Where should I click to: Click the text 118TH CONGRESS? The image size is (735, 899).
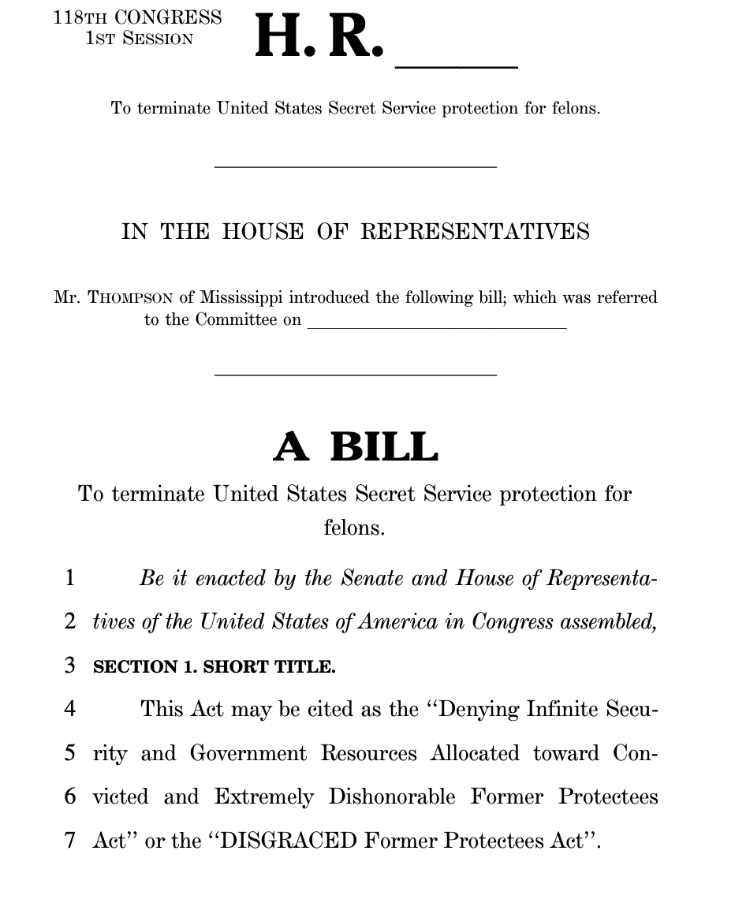coord(138,17)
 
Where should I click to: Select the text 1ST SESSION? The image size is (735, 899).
coord(139,39)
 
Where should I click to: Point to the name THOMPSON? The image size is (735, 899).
coord(130,298)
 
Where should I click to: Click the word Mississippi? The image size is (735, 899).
coord(240,298)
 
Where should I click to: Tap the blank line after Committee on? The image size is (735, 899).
coord(436,326)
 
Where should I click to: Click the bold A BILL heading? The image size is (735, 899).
coord(356,447)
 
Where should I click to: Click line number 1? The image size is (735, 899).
coord(70,578)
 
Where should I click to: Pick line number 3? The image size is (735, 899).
coord(70,666)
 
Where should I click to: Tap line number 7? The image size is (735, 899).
coord(70,840)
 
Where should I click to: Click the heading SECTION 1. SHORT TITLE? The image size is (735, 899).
coord(214,667)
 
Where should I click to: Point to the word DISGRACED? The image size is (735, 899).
coord(289,841)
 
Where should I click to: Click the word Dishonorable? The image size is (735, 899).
coord(392,796)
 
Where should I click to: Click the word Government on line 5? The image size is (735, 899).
coord(248,753)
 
